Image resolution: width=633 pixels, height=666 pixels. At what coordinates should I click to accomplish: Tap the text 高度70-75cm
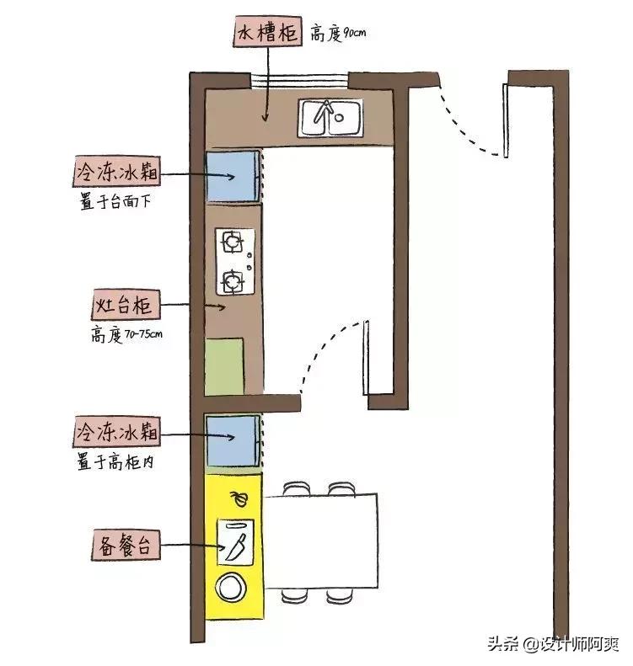point(126,333)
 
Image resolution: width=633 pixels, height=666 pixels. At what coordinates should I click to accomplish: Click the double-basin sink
point(331,117)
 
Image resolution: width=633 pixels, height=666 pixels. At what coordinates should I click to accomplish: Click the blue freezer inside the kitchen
point(232,175)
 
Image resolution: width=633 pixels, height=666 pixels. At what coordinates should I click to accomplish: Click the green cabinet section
point(225,365)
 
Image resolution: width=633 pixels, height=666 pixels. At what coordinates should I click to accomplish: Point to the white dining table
point(321,542)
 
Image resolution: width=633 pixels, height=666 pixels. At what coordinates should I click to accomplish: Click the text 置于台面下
point(115,202)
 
